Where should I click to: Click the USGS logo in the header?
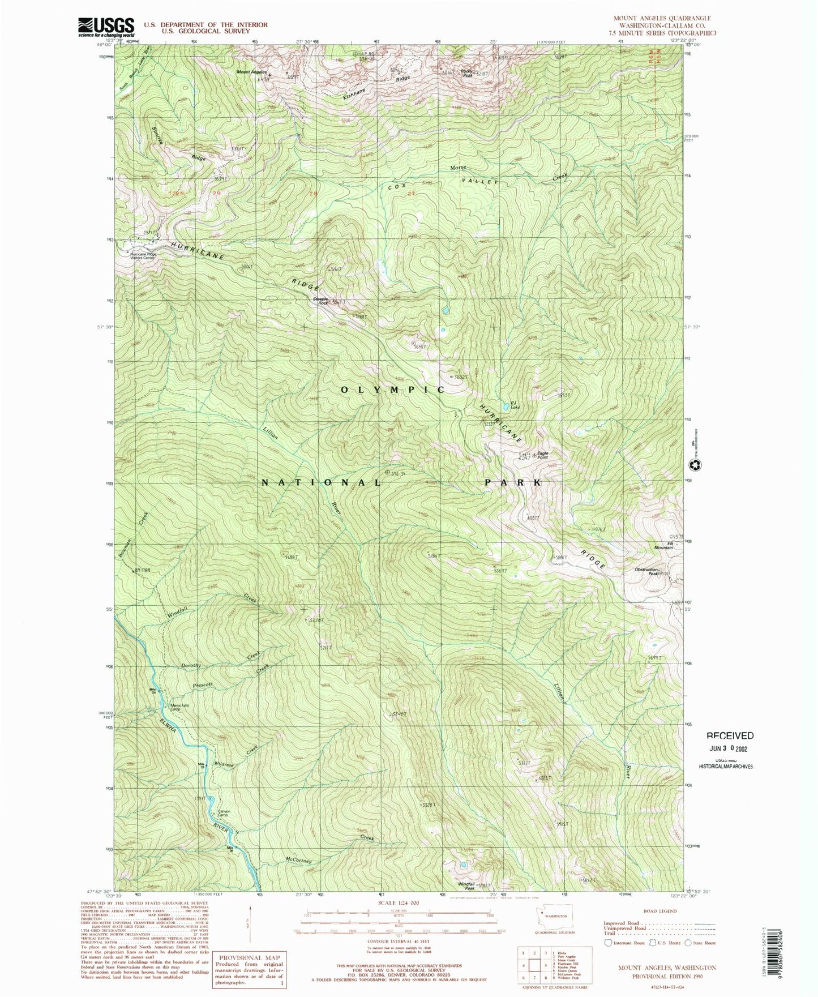pyautogui.click(x=106, y=27)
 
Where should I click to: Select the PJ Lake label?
pyautogui.click(x=515, y=405)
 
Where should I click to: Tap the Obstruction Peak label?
pyautogui.click(x=646, y=572)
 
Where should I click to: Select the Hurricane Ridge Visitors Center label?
pyautogui.click(x=143, y=255)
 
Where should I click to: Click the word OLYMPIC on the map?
pyautogui.click(x=392, y=390)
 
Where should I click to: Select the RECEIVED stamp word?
pyautogui.click(x=730, y=735)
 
